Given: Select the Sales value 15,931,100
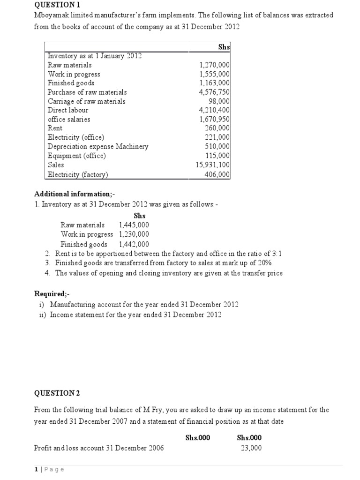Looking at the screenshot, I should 212,165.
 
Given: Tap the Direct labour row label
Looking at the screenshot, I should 68,110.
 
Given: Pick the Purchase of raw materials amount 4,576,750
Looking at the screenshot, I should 214,92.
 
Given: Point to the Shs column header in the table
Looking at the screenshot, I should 224,46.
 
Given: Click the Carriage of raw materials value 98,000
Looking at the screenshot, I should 219,101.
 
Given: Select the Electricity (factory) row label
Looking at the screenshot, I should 78,174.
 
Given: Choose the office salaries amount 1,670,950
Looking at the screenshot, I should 214,120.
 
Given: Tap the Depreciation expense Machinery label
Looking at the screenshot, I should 98,147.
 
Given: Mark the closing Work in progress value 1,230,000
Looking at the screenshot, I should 134,234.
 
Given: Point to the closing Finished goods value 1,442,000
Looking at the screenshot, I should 134,244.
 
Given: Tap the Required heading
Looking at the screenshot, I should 51,294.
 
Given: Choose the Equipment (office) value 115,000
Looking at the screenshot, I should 217,156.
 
